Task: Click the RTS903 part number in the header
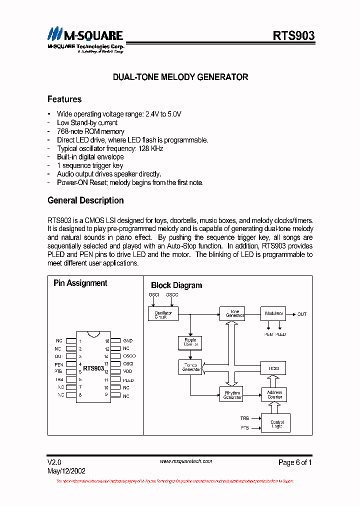point(293,35)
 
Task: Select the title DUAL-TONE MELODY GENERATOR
point(180,77)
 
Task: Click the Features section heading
point(64,99)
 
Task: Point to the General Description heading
point(85,200)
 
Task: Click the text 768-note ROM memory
point(90,131)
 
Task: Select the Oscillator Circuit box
point(163,314)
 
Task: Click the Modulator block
point(273,314)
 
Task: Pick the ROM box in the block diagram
point(273,368)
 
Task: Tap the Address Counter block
point(274,394)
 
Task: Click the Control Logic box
point(276,423)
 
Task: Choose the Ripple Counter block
point(190,342)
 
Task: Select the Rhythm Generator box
point(232,394)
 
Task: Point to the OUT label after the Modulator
point(302,314)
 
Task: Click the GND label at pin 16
point(128,340)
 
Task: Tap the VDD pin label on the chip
point(128,371)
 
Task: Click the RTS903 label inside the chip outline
point(93,368)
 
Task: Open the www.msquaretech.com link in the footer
point(185,461)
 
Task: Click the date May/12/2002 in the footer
point(66,471)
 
